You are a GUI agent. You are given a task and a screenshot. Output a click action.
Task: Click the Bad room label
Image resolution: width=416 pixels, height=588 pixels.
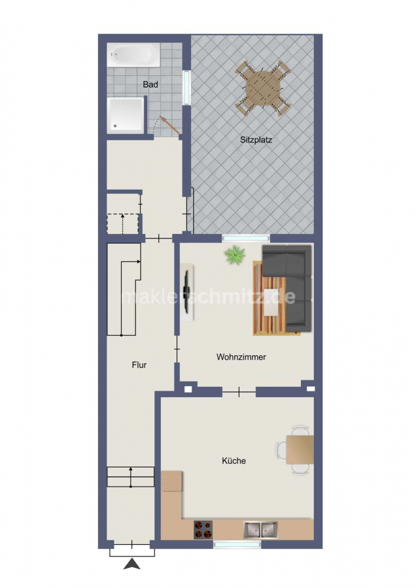[x=150, y=84]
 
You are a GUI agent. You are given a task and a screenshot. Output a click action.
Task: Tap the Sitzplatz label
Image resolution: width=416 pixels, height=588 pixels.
[x=256, y=140]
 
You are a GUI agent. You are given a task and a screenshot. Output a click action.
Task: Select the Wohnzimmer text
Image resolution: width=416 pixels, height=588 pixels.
[x=241, y=357]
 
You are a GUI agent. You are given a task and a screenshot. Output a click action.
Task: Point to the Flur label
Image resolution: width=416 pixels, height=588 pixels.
[x=139, y=365]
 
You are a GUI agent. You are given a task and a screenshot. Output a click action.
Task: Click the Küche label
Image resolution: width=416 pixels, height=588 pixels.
[x=234, y=461]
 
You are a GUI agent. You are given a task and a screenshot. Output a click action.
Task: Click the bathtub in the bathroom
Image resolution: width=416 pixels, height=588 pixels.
[x=133, y=55]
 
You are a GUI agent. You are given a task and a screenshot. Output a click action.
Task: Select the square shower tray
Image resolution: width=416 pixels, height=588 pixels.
[x=126, y=115]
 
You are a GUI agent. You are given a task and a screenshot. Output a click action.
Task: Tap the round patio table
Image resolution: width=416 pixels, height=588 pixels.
[x=263, y=88]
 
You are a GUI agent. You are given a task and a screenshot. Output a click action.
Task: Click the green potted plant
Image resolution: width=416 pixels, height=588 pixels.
[x=235, y=255]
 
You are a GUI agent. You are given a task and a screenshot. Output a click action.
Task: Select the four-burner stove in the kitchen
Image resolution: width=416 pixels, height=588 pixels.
[x=203, y=529]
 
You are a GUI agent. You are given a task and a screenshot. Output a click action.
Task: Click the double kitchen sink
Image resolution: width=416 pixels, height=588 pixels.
[x=260, y=529]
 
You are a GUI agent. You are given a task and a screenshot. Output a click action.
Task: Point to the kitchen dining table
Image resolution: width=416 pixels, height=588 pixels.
[x=300, y=449]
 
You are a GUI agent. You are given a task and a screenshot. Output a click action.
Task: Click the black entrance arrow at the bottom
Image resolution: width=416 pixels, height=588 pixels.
[x=131, y=564]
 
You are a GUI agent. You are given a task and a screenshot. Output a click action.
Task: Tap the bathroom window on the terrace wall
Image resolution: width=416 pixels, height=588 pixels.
[x=186, y=88]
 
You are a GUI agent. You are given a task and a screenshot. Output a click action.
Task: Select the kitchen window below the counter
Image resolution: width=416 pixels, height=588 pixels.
[x=237, y=544]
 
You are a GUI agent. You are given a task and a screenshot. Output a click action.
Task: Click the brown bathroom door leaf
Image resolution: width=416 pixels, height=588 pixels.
[x=169, y=125]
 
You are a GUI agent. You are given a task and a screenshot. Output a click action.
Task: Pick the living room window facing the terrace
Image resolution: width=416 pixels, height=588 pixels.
[x=246, y=238]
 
